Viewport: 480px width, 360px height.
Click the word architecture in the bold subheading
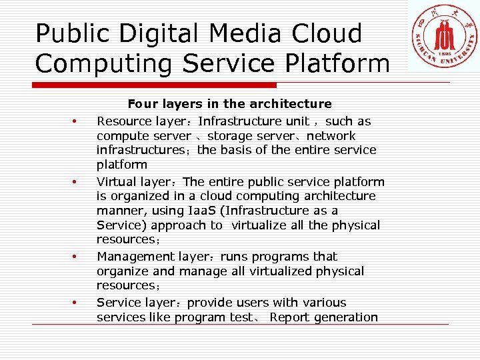tap(294, 104)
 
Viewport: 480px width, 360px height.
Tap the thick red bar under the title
tap(155, 85)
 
